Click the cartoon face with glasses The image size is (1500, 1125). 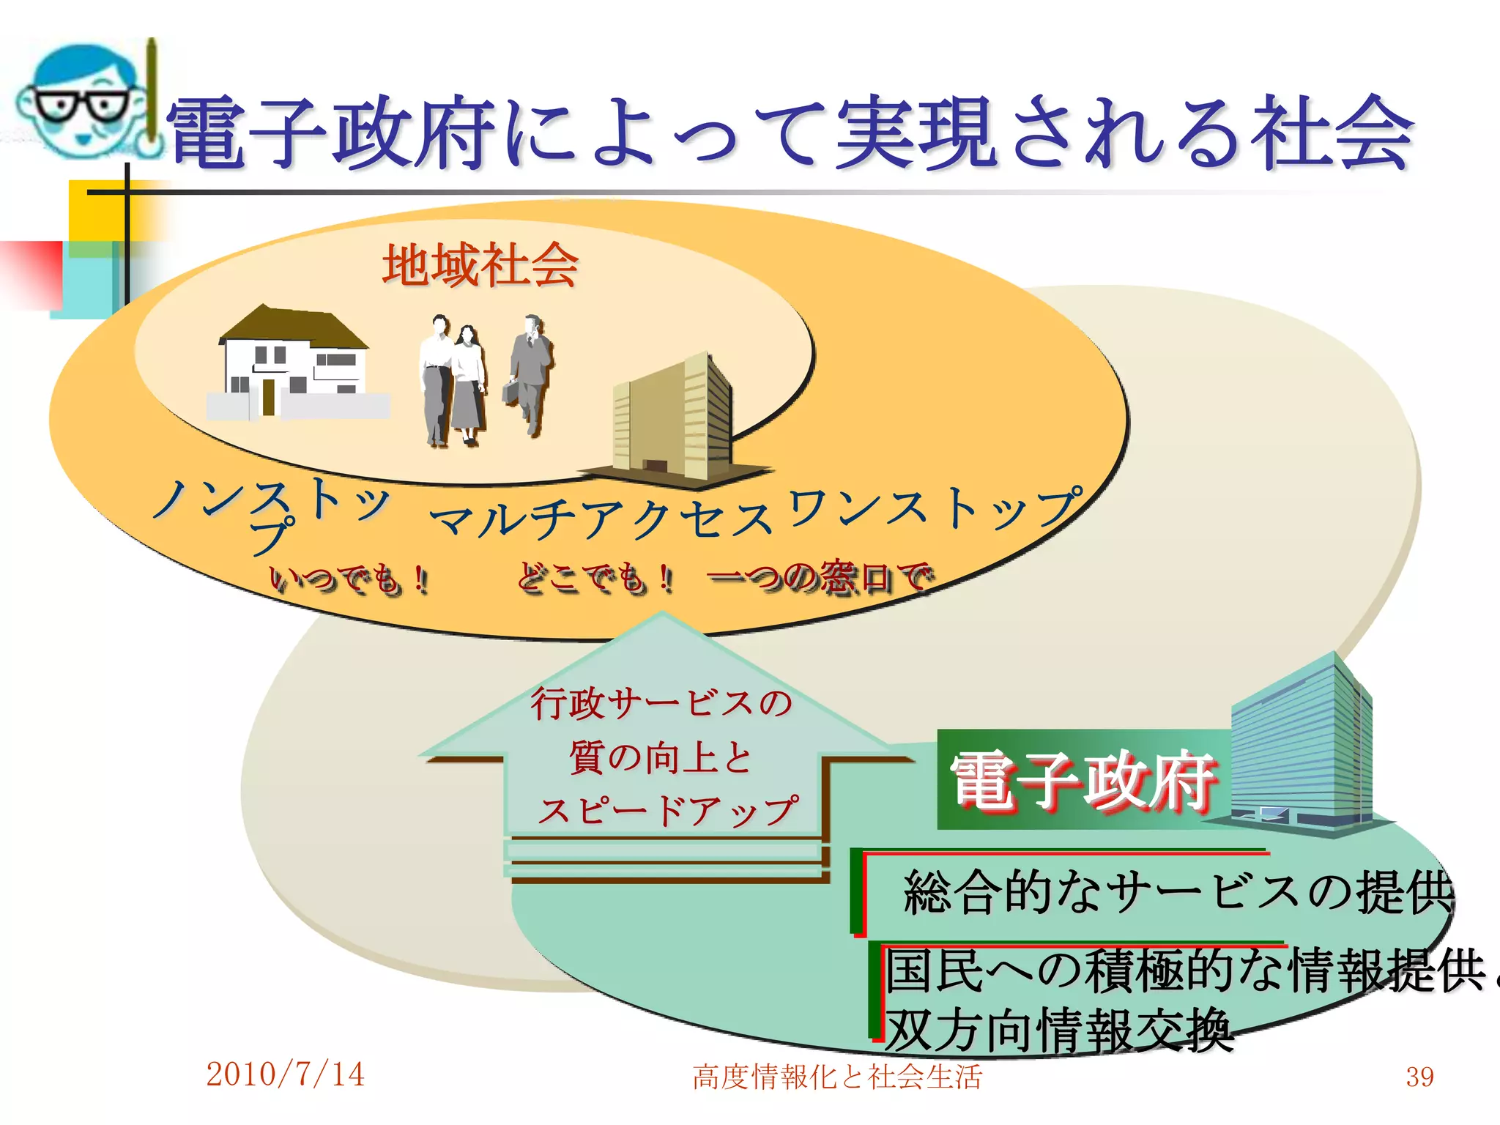(x=81, y=99)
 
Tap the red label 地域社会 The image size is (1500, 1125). (x=480, y=265)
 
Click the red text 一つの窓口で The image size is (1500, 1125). (x=820, y=578)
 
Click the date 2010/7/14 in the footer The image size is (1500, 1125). (x=285, y=1074)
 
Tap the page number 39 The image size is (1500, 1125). (x=1419, y=1077)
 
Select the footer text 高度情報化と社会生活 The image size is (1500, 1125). (x=837, y=1077)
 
